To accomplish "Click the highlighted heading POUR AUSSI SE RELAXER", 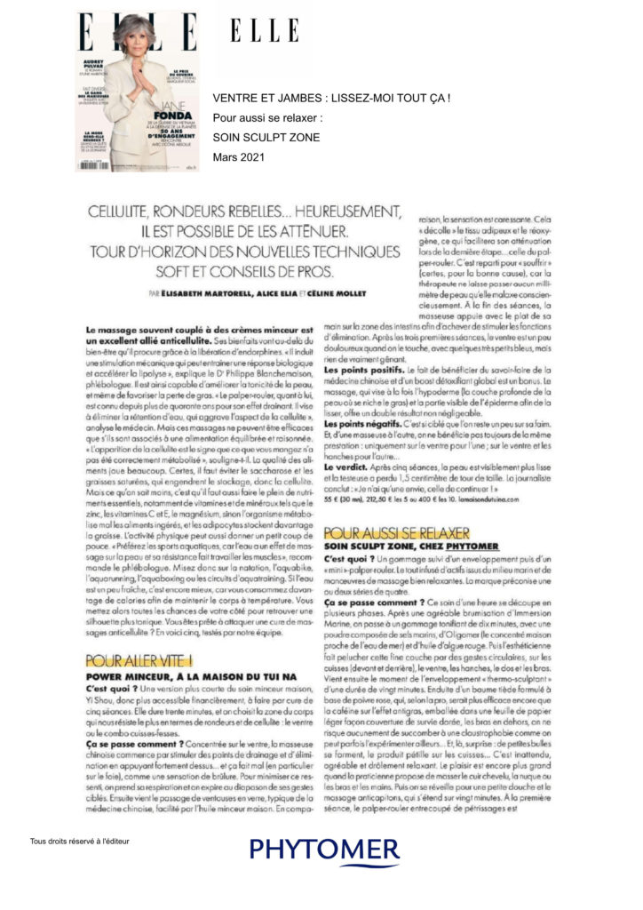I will coord(383,533).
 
